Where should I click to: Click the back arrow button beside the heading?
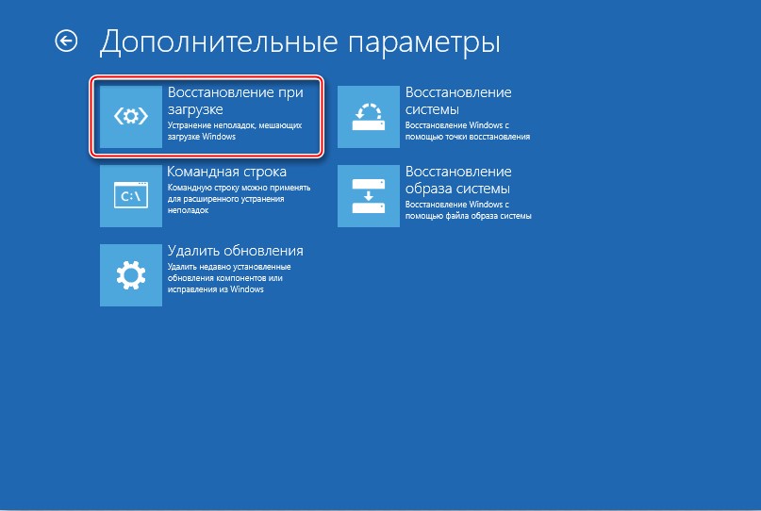click(x=66, y=41)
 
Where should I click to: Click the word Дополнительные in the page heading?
click(x=219, y=41)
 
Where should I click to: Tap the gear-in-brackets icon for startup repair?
click(x=131, y=117)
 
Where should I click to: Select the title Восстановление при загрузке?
click(x=236, y=101)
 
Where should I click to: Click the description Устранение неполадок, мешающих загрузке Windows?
click(x=235, y=131)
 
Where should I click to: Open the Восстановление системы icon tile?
click(x=369, y=117)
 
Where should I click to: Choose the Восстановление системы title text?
click(x=458, y=101)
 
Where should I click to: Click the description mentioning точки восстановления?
click(x=468, y=131)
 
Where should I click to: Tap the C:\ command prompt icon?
click(x=131, y=195)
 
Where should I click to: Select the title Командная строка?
click(x=226, y=172)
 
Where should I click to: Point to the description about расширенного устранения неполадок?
click(x=239, y=199)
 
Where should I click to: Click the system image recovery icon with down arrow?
click(x=369, y=195)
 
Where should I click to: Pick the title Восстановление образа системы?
click(x=458, y=179)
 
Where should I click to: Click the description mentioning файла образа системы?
click(x=469, y=210)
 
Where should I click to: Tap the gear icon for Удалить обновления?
click(x=131, y=275)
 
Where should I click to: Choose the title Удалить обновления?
click(x=236, y=251)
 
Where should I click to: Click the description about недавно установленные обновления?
click(x=229, y=278)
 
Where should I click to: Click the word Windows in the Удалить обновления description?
click(x=246, y=289)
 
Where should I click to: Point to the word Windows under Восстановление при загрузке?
click(x=219, y=137)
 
